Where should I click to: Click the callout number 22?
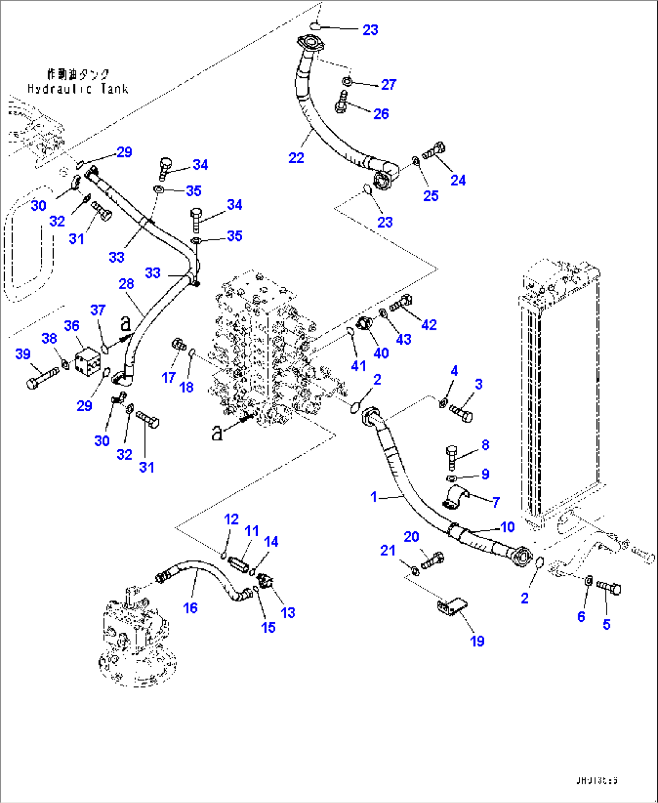pos(296,158)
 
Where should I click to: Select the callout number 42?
pos(429,325)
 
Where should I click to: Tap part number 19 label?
pos(477,641)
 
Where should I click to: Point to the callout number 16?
pos(190,608)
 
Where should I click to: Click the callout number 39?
pos(23,354)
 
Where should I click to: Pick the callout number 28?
pos(126,284)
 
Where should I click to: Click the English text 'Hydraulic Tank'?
pos(78,89)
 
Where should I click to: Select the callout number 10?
pos(508,527)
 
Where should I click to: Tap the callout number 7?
pos(496,502)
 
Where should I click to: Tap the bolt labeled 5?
pos(608,586)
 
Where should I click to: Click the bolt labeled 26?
pos(342,102)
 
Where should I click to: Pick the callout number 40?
pos(381,353)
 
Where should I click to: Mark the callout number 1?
pos(374,496)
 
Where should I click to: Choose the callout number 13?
pos(288,612)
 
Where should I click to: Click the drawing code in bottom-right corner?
pos(596,780)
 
